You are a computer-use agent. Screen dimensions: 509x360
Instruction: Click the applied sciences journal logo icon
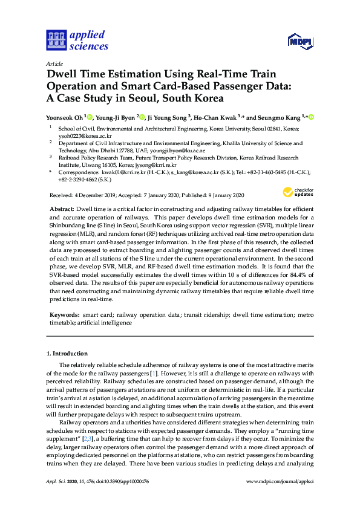click(x=55, y=41)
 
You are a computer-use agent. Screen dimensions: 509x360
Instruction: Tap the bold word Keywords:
click(x=64, y=315)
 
